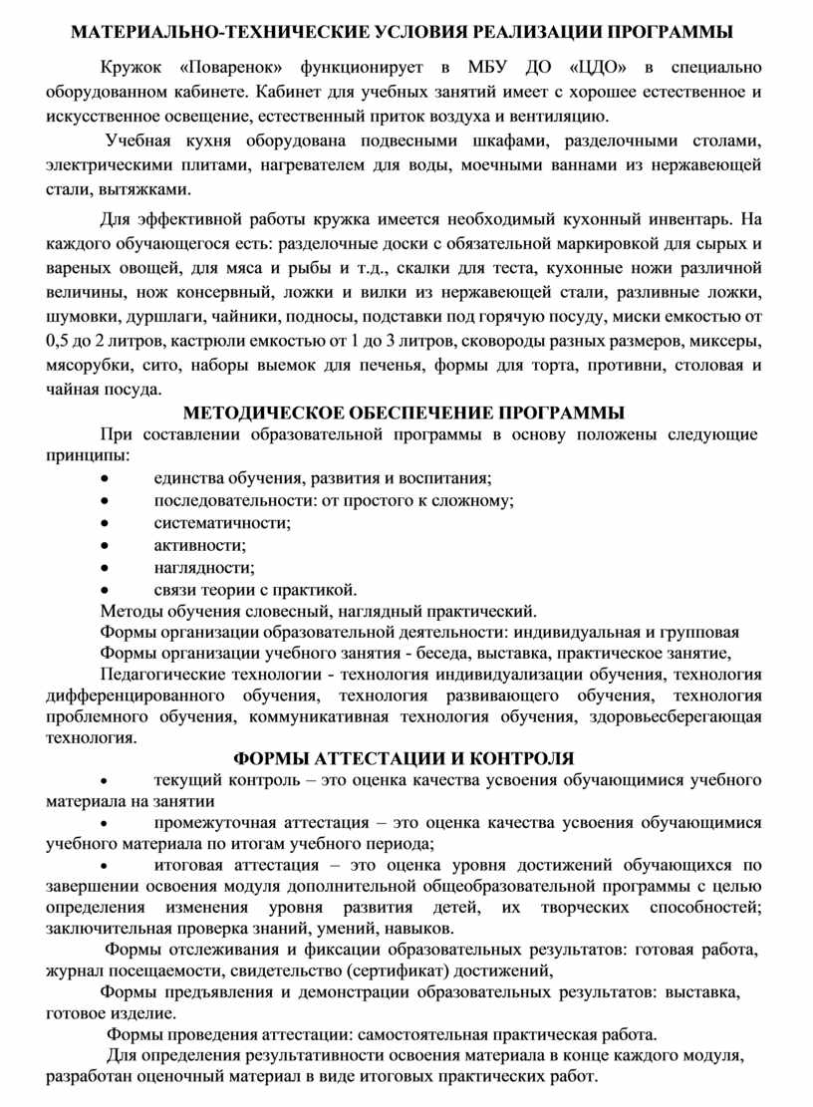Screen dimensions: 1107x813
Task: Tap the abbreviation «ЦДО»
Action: tap(597, 69)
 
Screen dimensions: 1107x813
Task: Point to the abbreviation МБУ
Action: tap(490, 69)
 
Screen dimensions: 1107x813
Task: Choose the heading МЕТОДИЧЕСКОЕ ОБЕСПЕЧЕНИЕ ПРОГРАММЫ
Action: tap(406, 413)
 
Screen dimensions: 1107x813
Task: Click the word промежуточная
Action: tap(212, 822)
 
